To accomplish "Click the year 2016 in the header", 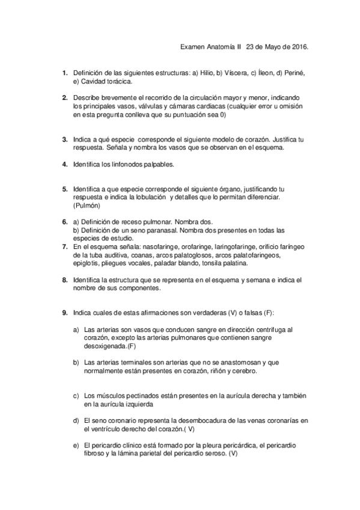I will pyautogui.click(x=308, y=47).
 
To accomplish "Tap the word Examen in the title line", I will pyautogui.click(x=193, y=47).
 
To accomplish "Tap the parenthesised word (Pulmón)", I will pyautogui.click(x=87, y=205).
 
